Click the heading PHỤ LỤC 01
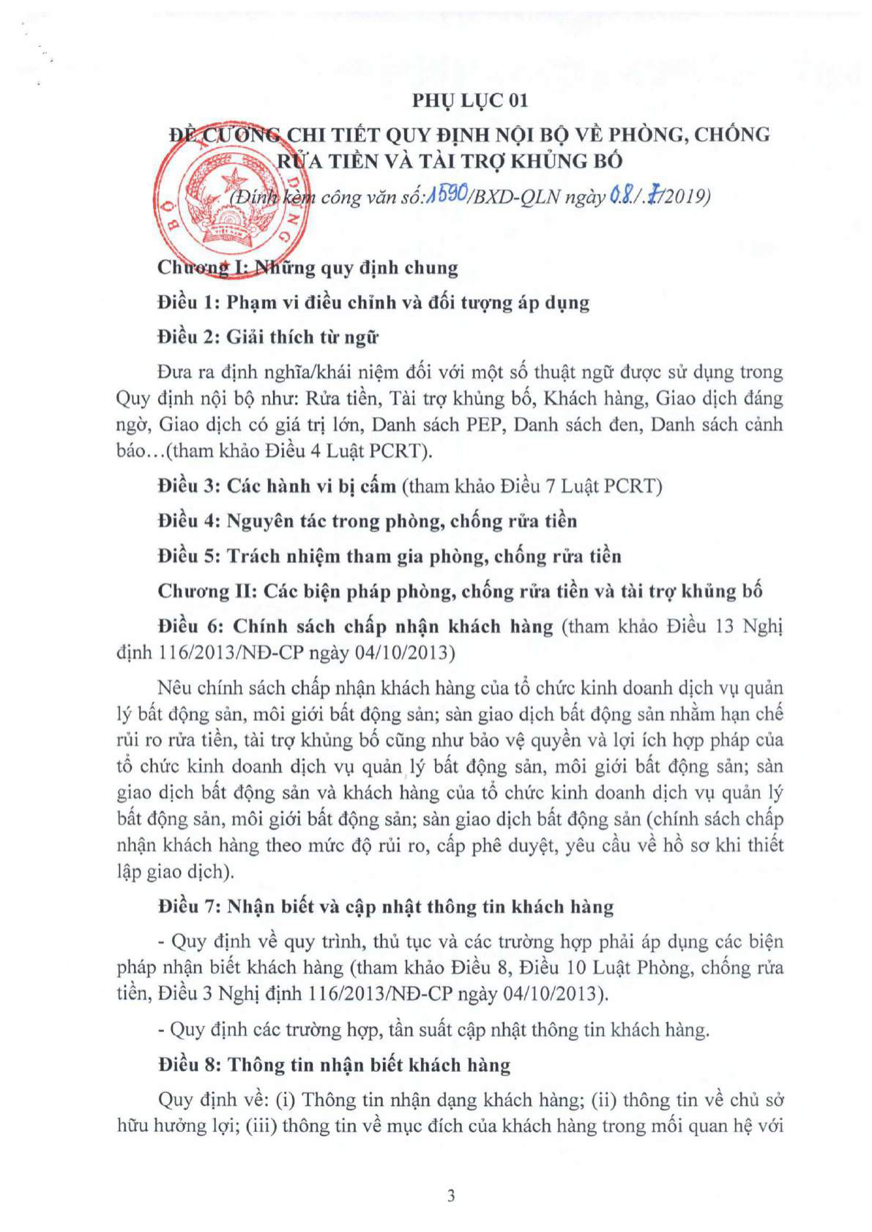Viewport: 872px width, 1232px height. click(469, 100)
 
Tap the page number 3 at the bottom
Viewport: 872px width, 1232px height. click(451, 1195)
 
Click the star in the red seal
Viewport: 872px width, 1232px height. click(236, 179)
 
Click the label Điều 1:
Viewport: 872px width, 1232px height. click(189, 302)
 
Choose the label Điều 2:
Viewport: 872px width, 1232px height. click(189, 337)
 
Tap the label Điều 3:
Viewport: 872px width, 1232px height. click(189, 486)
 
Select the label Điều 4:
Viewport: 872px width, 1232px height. click(189, 521)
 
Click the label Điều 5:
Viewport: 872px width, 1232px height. click(189, 556)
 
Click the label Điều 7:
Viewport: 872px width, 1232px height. click(189, 907)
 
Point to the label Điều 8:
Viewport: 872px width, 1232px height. click(189, 1065)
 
